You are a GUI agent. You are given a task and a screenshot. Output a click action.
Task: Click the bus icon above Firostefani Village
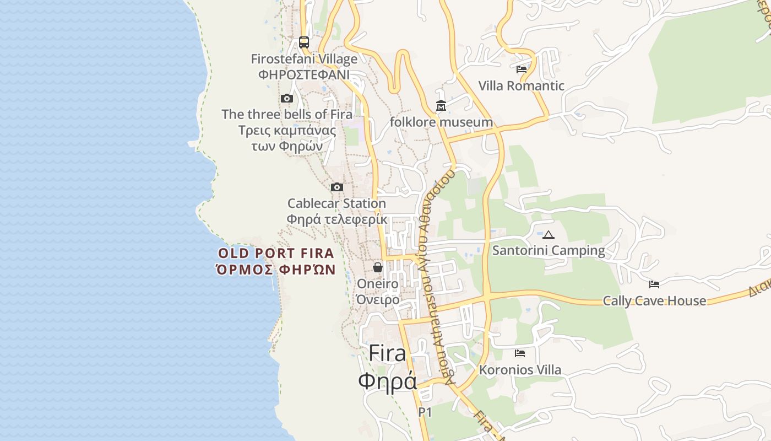coord(303,42)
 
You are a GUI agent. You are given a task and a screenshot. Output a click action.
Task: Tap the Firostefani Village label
coord(304,59)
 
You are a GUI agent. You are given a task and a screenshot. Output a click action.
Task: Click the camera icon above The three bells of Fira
coord(286,99)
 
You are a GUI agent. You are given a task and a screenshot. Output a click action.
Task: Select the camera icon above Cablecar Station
coord(337,187)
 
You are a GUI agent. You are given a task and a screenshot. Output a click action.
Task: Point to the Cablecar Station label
coord(336,203)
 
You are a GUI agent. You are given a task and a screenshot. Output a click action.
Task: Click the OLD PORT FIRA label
coord(276,254)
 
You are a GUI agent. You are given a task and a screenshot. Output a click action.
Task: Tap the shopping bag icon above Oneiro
coord(378,267)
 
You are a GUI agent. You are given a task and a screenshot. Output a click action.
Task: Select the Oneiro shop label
coord(378,284)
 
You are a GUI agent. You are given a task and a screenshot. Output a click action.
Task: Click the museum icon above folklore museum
coord(441,105)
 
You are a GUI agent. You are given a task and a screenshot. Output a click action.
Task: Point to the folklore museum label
coord(441,122)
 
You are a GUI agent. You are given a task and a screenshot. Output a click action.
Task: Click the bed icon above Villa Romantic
coord(522,69)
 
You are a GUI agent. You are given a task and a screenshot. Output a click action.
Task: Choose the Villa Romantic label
coord(521,86)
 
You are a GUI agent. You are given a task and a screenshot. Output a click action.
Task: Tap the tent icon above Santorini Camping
coord(549,235)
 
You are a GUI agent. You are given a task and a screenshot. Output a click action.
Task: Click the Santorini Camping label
coord(549,251)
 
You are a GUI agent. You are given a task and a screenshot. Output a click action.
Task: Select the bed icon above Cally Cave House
coord(654,284)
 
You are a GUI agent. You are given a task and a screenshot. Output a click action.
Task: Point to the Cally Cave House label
coord(654,301)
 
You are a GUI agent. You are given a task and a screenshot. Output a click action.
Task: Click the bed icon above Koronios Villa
coord(520,353)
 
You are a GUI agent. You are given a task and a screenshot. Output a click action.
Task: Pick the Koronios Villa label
coord(520,370)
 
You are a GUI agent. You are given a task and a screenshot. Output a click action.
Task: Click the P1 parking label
coord(425,412)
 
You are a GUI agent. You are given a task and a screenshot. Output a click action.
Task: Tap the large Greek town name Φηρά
coord(387,381)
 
